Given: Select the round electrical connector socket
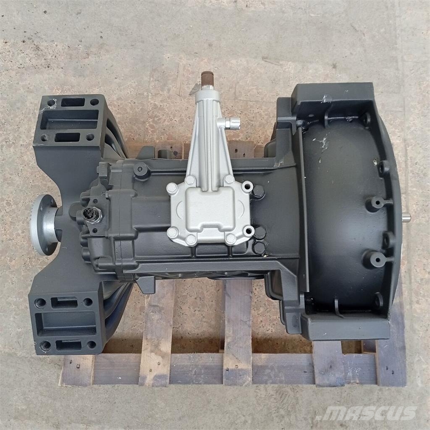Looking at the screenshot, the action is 88,212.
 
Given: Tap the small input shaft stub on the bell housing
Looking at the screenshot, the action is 406,218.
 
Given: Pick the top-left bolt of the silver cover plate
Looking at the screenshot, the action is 171,188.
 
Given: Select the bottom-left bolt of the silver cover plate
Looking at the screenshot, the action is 172,233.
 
